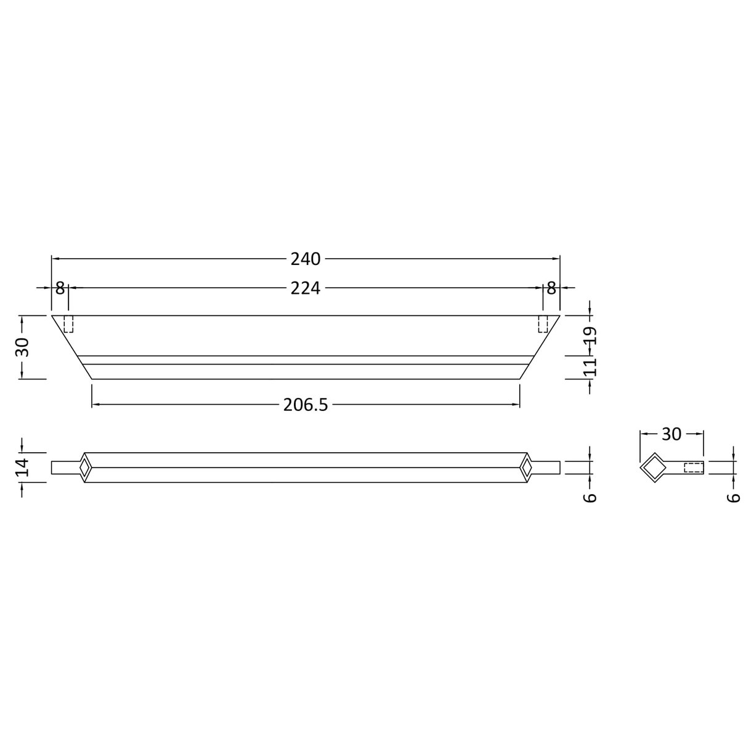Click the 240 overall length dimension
(x=306, y=259)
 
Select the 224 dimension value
(x=306, y=288)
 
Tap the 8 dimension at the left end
(x=60, y=288)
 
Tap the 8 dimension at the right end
(x=551, y=288)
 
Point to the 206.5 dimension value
(x=306, y=405)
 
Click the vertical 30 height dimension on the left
(x=23, y=347)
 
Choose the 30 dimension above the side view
(x=671, y=434)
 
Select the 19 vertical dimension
(x=590, y=336)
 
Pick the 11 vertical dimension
(x=590, y=368)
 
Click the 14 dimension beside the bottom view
(x=23, y=467)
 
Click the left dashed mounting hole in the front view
(x=68, y=324)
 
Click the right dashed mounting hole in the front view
(x=543, y=324)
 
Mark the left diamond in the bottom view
(x=84, y=468)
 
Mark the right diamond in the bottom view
(x=527, y=468)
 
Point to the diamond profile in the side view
(x=652, y=468)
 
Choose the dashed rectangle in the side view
(x=694, y=468)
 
